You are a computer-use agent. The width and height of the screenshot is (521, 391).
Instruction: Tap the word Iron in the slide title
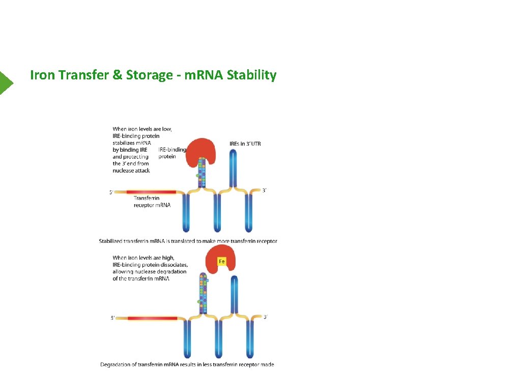click(x=43, y=75)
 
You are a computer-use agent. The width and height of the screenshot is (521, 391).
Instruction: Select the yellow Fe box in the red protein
click(x=222, y=262)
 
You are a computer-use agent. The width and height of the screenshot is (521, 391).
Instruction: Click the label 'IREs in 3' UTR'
click(x=245, y=144)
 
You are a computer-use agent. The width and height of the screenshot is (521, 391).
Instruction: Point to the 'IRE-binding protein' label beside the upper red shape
click(x=172, y=153)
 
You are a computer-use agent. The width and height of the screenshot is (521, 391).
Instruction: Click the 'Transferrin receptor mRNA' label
click(x=152, y=202)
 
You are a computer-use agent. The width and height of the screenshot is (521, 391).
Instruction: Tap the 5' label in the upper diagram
click(x=111, y=192)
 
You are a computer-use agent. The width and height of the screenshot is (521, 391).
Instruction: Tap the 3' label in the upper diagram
click(x=264, y=190)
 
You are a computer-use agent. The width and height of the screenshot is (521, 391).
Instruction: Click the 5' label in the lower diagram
click(x=113, y=318)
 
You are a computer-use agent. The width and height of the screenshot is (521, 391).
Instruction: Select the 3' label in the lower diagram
click(x=265, y=317)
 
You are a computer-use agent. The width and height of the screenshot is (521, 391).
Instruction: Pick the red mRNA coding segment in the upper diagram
click(x=155, y=192)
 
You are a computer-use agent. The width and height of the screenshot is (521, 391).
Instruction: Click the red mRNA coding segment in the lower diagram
click(x=152, y=318)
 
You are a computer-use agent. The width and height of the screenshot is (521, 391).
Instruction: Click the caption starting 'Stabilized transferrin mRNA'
click(x=188, y=241)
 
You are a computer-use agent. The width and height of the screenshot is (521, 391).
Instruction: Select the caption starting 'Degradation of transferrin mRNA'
click(x=187, y=365)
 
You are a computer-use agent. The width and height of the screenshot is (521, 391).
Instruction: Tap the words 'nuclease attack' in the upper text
click(x=131, y=171)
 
